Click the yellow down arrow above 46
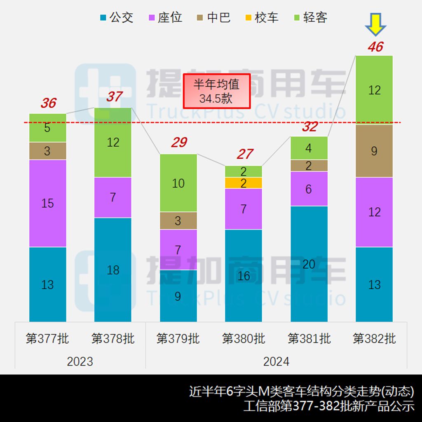coord(375,24)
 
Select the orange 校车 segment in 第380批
coord(244,183)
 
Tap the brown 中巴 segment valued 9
coord(374,151)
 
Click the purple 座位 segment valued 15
coord(47,203)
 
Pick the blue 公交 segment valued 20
coord(309,264)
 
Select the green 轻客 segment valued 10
coord(178,183)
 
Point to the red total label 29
coord(179,143)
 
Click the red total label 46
coord(375,47)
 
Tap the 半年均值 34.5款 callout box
coord(217,91)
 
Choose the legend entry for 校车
coord(261,18)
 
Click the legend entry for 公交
coord(116,18)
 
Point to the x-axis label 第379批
coord(178,339)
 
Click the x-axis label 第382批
coord(374,339)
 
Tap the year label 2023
coord(80,361)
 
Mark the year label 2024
coord(276,361)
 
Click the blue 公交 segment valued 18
coord(113,270)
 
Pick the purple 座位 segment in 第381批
coord(309,189)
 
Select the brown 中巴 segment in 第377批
coord(47,151)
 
